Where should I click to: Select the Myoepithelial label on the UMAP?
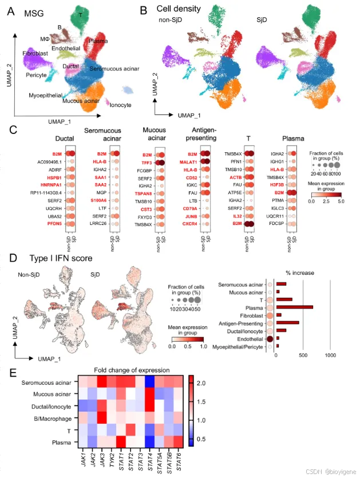tap(46, 96)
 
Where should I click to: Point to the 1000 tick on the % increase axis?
tap(330, 356)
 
